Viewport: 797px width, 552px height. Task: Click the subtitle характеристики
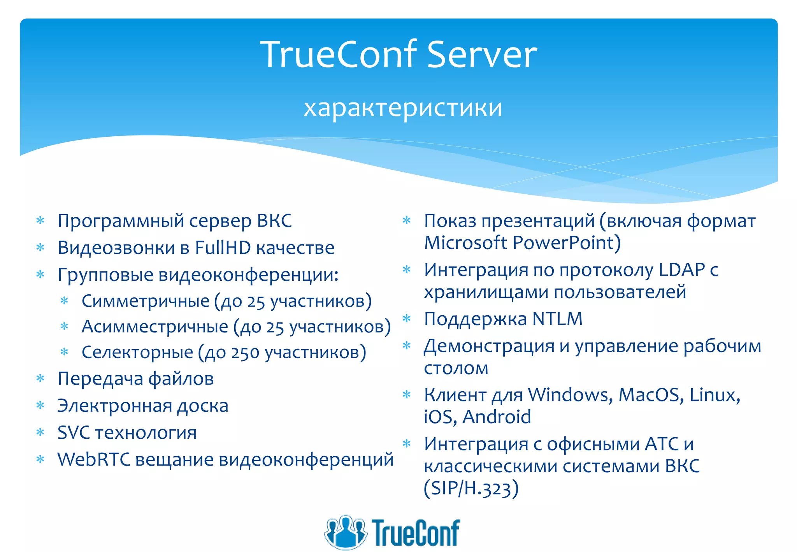coord(403,108)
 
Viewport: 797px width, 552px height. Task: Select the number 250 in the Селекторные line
coord(245,353)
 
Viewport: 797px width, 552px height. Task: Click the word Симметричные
coord(146,301)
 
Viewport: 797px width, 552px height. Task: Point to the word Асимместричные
coord(154,327)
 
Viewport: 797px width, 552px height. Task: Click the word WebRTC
coord(93,459)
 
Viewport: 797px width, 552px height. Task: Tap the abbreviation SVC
coord(73,432)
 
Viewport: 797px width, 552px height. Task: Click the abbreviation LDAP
coord(681,270)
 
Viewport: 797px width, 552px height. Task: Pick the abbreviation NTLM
coord(557,319)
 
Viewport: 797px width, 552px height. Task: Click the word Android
coord(497,417)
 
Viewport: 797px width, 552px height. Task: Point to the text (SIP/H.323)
coord(471,488)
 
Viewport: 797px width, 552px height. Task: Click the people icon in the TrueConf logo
coord(345,532)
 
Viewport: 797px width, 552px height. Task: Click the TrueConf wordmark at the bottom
coord(415,533)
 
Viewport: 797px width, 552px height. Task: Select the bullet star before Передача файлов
coord(40,378)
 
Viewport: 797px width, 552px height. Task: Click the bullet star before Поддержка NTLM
coord(407,319)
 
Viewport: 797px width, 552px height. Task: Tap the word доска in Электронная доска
coord(202,406)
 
